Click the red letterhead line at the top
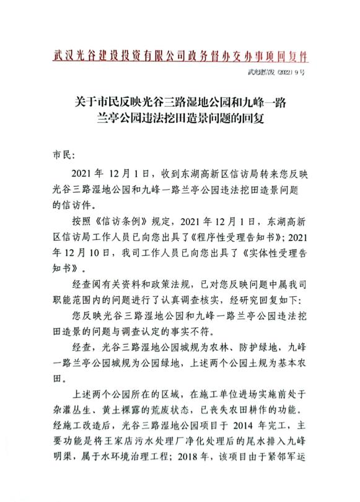[x=180, y=56]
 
